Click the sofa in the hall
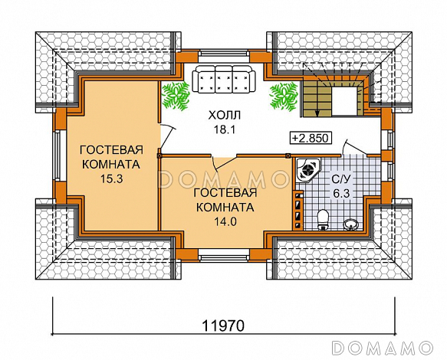(223, 80)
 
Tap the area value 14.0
(224, 221)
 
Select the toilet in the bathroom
(323, 218)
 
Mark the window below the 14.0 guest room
(223, 253)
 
